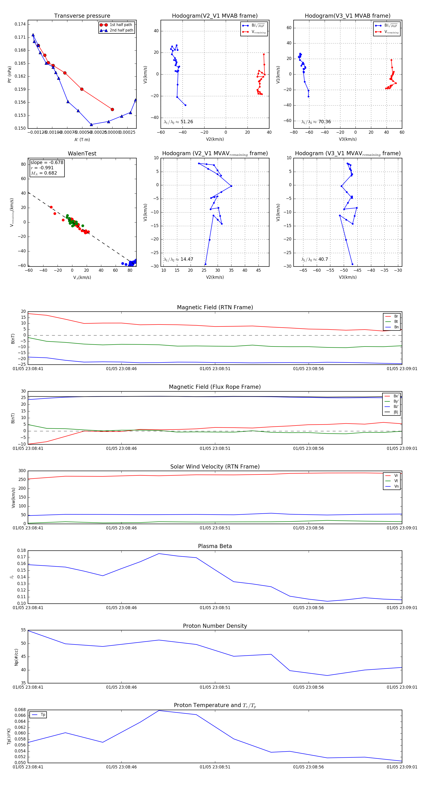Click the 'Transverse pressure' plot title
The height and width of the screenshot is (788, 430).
point(82,16)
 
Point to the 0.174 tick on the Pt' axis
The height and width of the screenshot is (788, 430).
point(20,24)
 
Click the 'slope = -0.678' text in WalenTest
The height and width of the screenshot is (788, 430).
point(47,162)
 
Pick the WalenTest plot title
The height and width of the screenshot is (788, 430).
point(82,154)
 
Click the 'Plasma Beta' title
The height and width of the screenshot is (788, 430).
point(215,546)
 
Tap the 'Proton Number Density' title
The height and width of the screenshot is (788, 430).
point(215,626)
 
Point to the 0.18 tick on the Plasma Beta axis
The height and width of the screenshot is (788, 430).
point(21,550)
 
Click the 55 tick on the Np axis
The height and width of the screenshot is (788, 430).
point(23,630)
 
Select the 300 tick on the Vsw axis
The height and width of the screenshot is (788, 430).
point(22,471)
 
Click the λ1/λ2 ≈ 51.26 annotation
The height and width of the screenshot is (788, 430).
point(178,122)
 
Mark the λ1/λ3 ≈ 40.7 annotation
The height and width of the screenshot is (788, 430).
point(315,259)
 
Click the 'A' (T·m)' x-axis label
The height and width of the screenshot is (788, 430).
point(82,139)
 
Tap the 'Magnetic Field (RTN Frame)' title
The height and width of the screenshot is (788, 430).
point(215,307)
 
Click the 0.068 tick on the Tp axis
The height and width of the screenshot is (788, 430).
point(20,710)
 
